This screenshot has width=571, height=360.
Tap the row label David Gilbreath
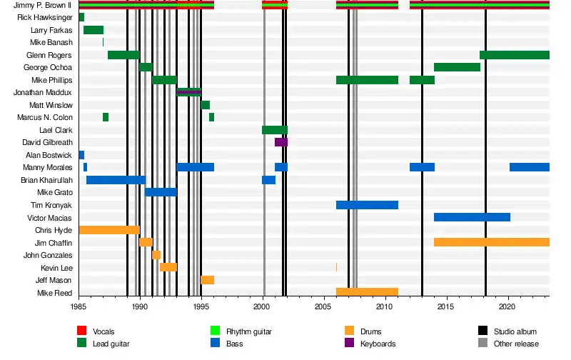(47, 142)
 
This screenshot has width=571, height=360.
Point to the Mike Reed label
(56, 293)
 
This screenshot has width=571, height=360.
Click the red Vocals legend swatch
(81, 331)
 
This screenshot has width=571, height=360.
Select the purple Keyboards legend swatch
(350, 344)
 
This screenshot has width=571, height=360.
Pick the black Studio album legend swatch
(483, 331)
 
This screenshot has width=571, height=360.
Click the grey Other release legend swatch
(483, 344)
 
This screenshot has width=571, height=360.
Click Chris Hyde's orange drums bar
(108, 230)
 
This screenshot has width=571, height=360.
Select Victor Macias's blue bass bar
(472, 217)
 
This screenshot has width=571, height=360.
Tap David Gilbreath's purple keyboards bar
(281, 142)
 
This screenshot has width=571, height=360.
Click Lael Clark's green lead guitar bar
(274, 130)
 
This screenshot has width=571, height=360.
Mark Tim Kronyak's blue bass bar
(367, 205)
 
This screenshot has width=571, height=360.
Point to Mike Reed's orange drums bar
(367, 292)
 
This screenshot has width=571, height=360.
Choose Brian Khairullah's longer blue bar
(116, 180)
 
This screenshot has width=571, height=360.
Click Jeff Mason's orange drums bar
(207, 280)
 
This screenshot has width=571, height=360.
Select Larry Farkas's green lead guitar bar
(94, 30)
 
